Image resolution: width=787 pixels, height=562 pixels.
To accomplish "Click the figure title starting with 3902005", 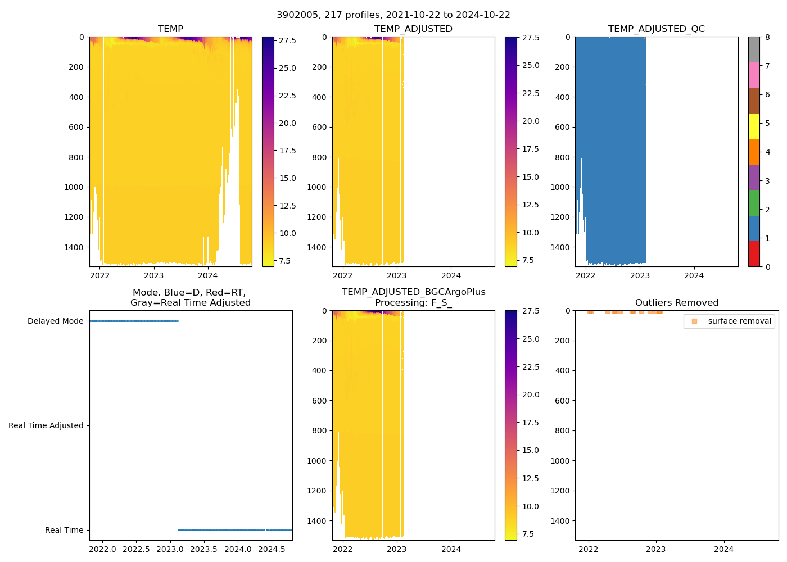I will (x=393, y=15).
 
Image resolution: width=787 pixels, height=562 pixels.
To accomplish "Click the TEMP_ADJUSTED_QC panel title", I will (x=656, y=29).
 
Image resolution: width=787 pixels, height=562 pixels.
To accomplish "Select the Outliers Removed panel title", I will (x=676, y=303).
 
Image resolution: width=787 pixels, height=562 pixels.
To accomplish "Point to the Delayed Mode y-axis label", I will (x=55, y=321).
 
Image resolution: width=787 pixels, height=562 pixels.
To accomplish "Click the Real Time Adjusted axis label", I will (x=46, y=426).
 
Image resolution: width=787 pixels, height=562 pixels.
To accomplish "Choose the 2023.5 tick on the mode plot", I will (x=203, y=549).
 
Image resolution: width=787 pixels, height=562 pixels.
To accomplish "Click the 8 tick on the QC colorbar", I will (x=767, y=38).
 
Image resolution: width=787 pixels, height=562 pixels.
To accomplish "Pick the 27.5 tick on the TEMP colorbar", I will (x=288, y=41).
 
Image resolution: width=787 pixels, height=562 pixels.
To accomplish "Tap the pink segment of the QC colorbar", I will (x=754, y=75).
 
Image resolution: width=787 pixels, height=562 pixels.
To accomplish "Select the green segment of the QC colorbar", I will (x=754, y=203).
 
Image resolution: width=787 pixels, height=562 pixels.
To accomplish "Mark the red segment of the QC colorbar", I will (x=754, y=254).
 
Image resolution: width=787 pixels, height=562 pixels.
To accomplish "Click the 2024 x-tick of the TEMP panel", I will (x=207, y=275).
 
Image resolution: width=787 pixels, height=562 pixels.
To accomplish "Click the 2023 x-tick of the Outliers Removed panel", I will (x=656, y=549).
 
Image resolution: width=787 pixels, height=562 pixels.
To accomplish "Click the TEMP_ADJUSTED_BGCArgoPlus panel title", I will (x=413, y=297).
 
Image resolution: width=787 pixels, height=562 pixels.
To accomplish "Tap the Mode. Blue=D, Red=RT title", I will (x=190, y=297).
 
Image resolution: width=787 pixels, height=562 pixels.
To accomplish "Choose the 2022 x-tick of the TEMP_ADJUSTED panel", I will (x=342, y=275).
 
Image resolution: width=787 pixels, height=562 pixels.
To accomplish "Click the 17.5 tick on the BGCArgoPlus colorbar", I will (x=531, y=423).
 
